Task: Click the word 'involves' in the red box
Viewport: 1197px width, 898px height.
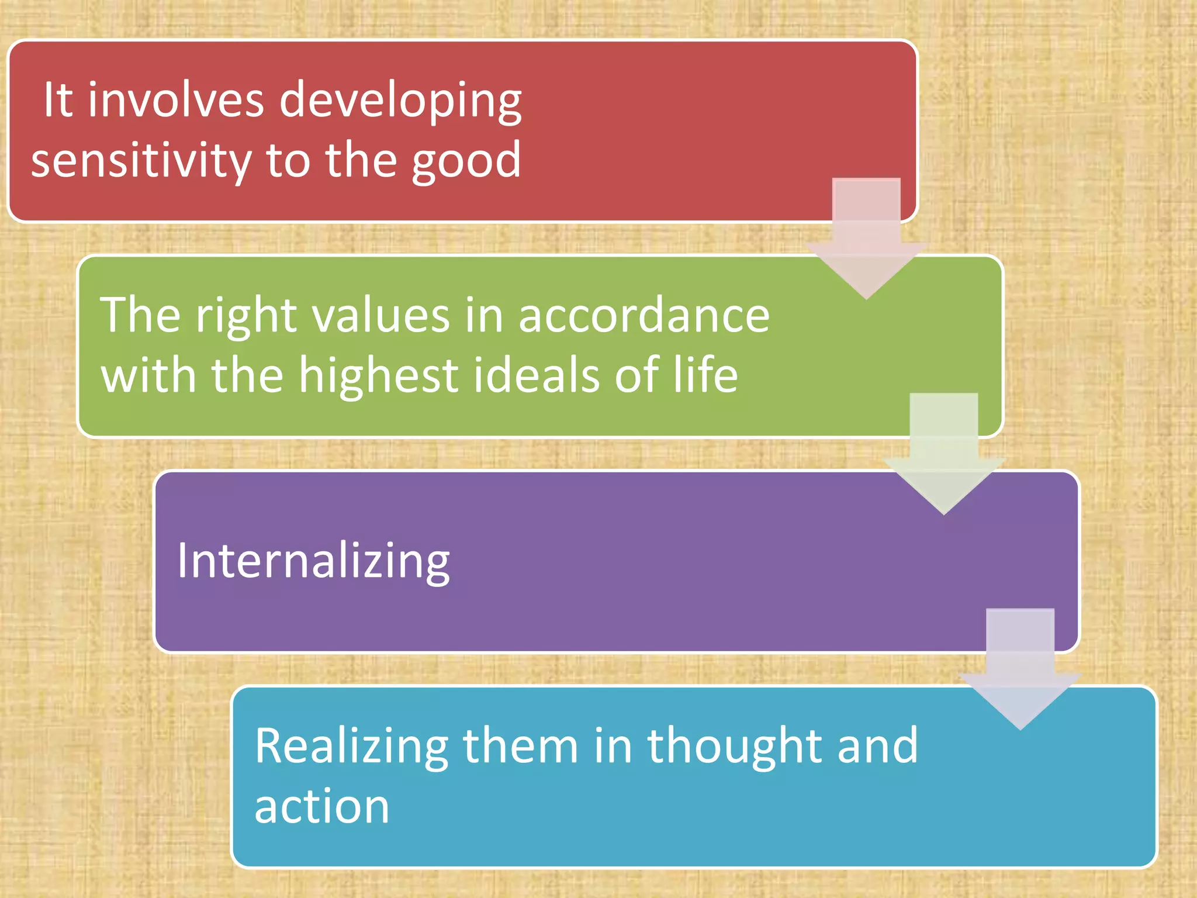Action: pyautogui.click(x=176, y=100)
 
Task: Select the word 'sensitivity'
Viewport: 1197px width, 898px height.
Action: pyautogui.click(x=141, y=161)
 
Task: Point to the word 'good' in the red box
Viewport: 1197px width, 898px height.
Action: pyautogui.click(x=466, y=161)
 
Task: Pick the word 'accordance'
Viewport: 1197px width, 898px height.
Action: pyautogui.click(x=644, y=316)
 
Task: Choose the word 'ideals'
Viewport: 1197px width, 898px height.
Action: pyautogui.click(x=536, y=375)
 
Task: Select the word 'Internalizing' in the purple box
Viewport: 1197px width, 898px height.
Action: pyautogui.click(x=313, y=561)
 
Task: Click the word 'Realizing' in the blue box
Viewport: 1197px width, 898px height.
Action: pyautogui.click(x=351, y=747)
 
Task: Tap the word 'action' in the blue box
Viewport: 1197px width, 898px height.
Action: pyautogui.click(x=321, y=807)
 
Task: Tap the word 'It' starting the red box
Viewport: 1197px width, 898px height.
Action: pyautogui.click(x=58, y=100)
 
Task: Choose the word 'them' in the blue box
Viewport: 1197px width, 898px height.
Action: pyautogui.click(x=521, y=747)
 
